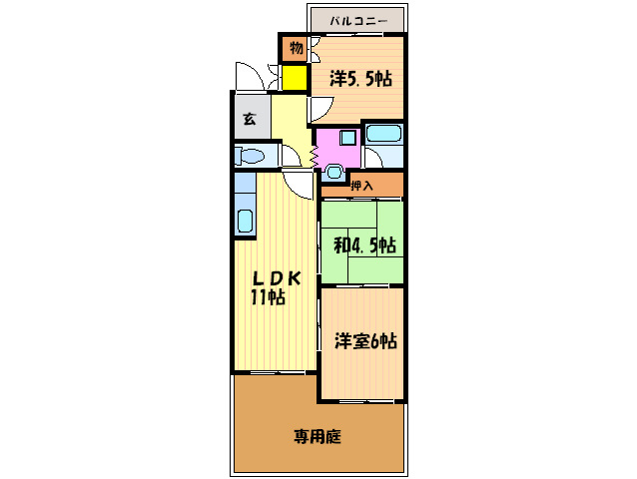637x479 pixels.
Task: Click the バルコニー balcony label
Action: point(358,20)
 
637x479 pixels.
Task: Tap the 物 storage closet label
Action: point(297,48)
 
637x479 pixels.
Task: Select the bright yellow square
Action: point(295,78)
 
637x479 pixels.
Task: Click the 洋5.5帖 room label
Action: point(360,79)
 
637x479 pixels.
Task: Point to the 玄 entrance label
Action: point(250,119)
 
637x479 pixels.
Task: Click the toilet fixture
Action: point(250,156)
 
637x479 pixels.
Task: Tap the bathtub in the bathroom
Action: point(383,134)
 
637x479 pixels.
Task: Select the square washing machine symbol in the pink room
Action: point(348,138)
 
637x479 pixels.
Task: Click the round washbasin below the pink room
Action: point(333,172)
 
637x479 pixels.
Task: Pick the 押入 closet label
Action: point(361,186)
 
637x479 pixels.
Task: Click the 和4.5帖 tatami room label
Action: point(364,245)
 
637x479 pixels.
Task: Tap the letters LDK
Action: point(277,278)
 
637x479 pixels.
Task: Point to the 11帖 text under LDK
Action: point(268,297)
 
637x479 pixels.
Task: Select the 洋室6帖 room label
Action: point(365,341)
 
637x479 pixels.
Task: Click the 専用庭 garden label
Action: point(318,436)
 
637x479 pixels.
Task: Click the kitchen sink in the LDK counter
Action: point(245,221)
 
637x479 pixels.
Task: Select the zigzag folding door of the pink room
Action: point(314,156)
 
